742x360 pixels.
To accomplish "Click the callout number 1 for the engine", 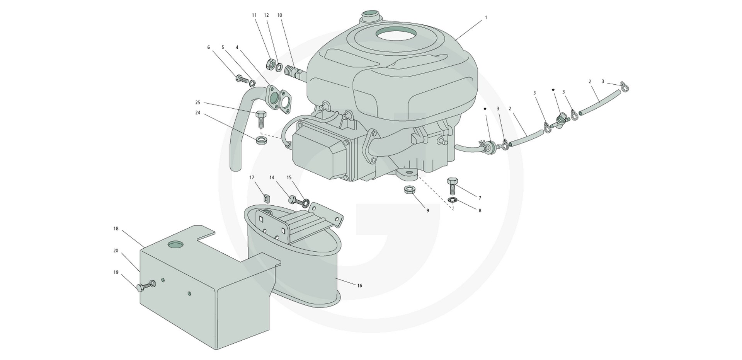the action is pyautogui.click(x=486, y=17).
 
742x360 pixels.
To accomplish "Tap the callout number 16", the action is pyautogui.click(x=359, y=286).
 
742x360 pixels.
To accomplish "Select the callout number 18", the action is pyautogui.click(x=116, y=229).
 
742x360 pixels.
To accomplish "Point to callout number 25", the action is pyautogui.click(x=198, y=102).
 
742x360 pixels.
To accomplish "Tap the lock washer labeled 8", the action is pyautogui.click(x=451, y=200).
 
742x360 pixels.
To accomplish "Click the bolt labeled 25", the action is pyautogui.click(x=260, y=119).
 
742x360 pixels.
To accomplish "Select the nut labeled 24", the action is pyautogui.click(x=261, y=139).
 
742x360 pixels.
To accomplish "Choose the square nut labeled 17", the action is pyautogui.click(x=266, y=198).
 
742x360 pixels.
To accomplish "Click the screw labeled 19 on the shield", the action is pyautogui.click(x=146, y=286).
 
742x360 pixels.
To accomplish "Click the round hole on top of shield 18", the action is pyautogui.click(x=175, y=244).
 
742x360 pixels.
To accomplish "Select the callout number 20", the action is pyautogui.click(x=116, y=251).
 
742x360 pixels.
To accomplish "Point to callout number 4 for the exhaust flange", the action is pyautogui.click(x=237, y=47).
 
